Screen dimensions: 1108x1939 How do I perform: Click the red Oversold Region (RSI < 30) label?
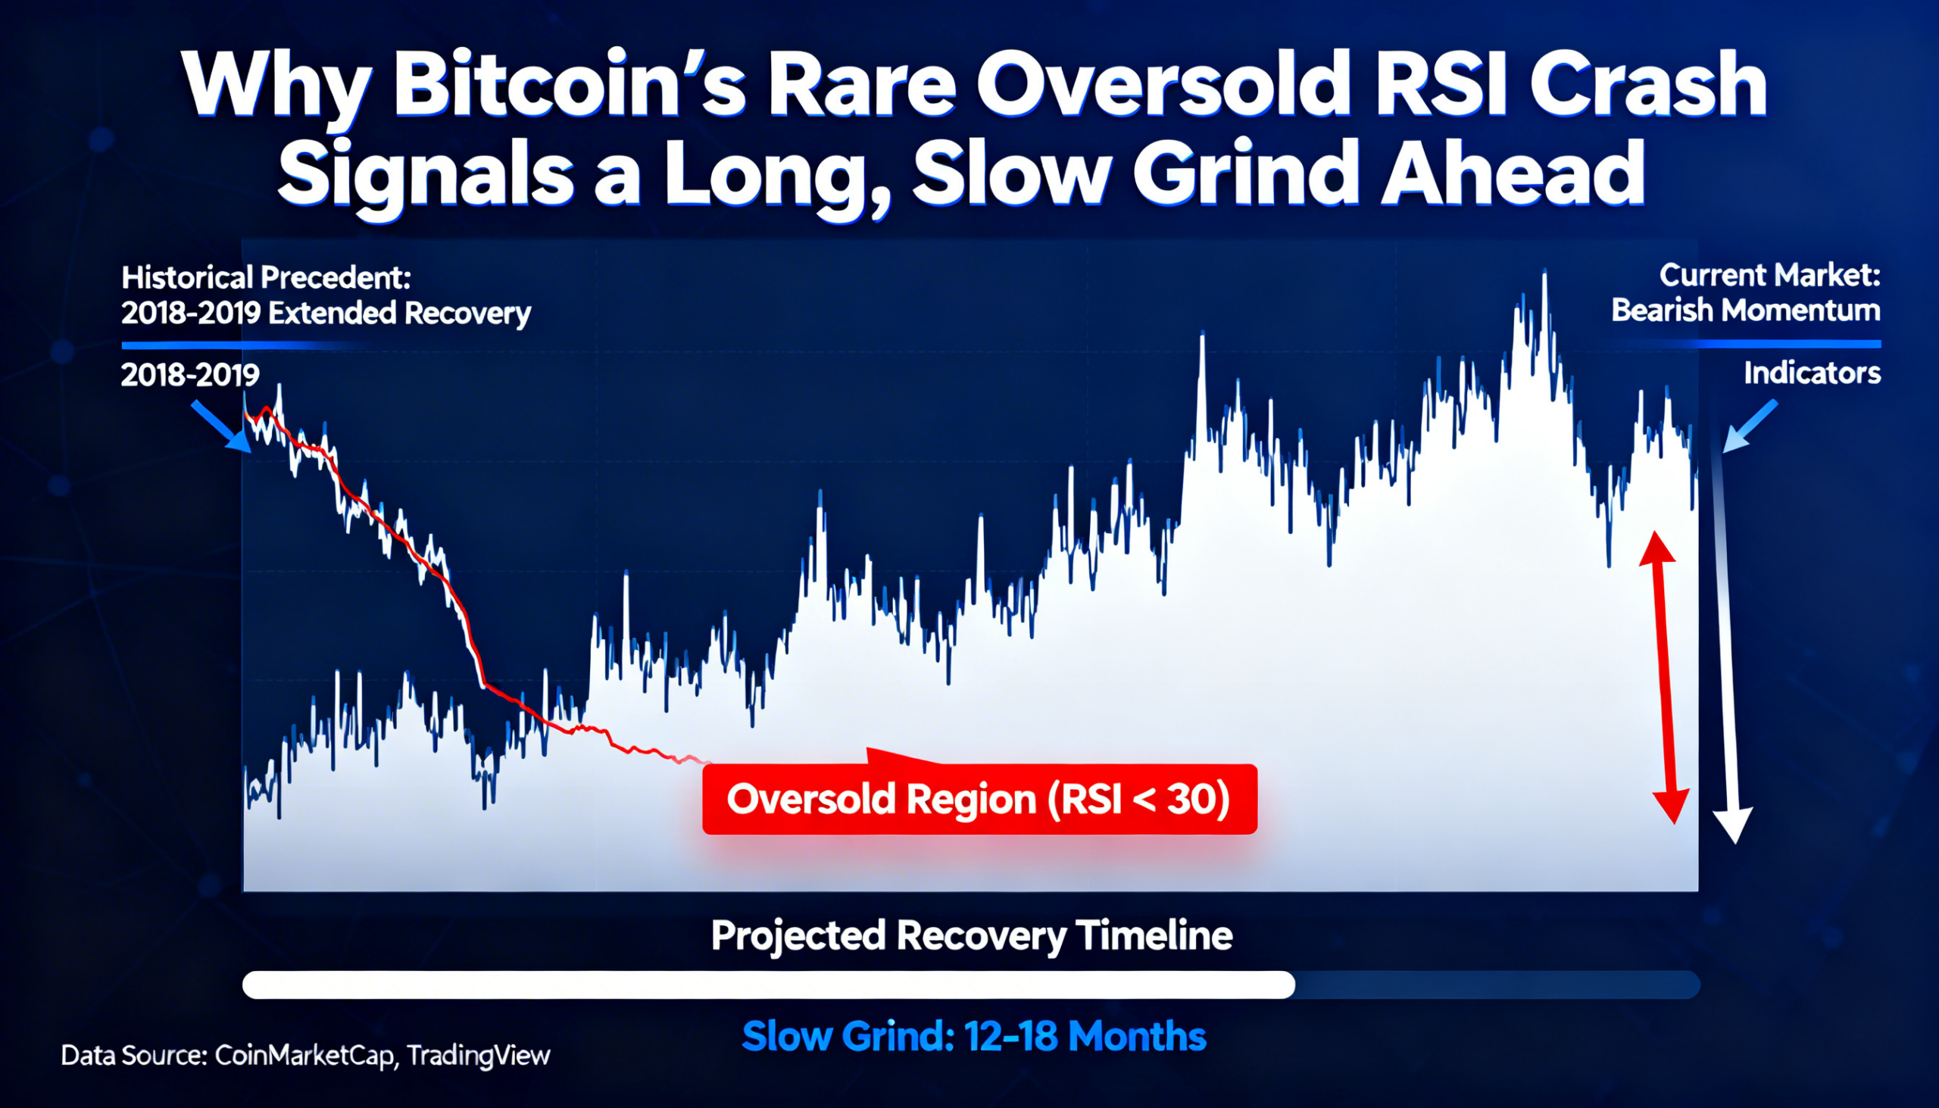click(979, 799)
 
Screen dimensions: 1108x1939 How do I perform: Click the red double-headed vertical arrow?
click(1664, 677)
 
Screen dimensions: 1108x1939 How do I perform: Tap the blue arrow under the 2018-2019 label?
click(221, 427)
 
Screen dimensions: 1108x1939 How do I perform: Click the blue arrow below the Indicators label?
click(1750, 427)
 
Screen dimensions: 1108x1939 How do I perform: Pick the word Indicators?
click(1812, 373)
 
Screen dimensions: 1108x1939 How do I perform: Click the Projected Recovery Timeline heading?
click(972, 935)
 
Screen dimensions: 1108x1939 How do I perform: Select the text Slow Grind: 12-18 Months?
click(974, 1037)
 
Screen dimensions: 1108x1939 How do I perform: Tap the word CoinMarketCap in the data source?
click(304, 1056)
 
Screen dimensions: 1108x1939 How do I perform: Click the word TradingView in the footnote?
click(478, 1056)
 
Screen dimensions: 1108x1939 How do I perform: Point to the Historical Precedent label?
click(267, 278)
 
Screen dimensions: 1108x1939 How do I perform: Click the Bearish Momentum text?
click(1746, 311)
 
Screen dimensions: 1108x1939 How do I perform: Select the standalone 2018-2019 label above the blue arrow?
click(190, 374)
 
